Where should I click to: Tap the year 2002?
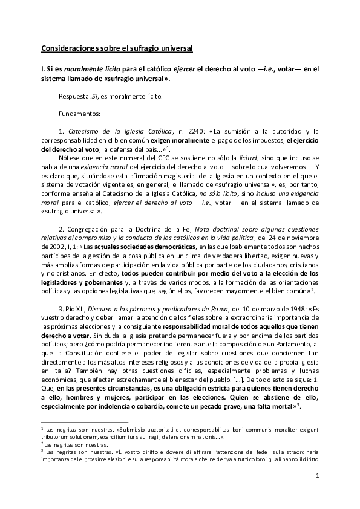(56, 248)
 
